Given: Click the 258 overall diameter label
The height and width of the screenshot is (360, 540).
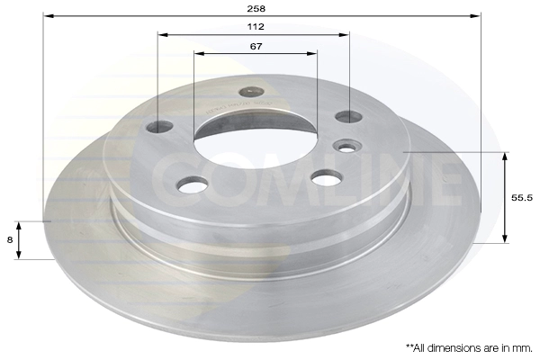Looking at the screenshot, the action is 256,9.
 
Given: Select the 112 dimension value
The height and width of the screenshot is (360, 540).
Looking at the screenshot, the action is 256,26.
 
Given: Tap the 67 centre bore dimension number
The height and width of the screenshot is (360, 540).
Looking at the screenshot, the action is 256,46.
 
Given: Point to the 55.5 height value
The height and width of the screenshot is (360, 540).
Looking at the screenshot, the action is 522,198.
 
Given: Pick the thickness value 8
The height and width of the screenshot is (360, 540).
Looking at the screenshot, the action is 10,239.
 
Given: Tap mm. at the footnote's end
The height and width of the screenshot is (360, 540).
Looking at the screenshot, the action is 521,348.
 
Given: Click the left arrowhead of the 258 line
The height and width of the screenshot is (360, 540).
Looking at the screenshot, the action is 49,16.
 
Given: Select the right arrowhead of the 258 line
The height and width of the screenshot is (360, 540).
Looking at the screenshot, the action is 475,16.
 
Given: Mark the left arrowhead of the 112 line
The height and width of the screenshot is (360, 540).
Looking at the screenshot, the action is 163,35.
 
